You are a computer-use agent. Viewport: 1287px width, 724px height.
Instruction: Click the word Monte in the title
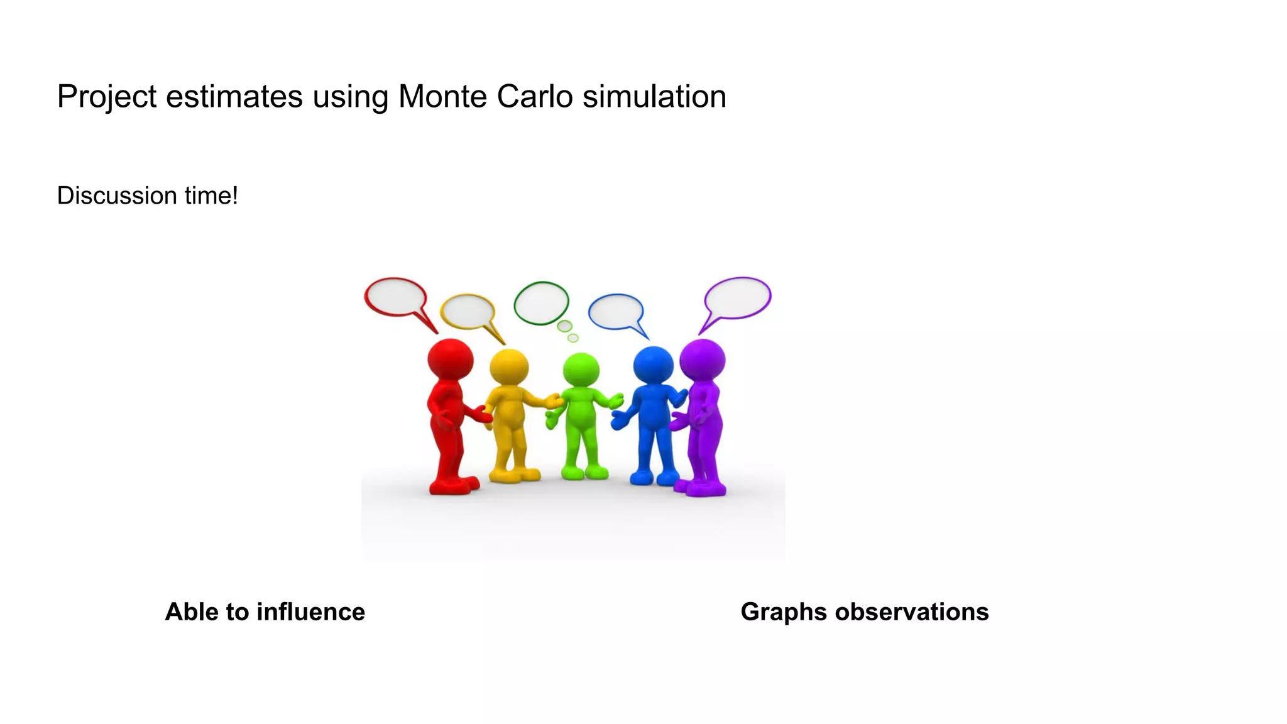click(442, 97)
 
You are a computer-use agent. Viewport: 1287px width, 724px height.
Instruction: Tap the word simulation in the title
click(654, 97)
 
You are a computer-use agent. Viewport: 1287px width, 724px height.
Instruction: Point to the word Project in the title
click(106, 98)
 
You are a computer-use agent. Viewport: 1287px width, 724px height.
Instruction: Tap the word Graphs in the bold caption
click(783, 613)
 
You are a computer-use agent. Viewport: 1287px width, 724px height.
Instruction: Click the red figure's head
click(450, 359)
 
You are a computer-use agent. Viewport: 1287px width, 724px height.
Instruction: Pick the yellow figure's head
click(508, 367)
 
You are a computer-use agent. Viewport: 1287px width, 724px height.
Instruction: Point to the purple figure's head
click(703, 359)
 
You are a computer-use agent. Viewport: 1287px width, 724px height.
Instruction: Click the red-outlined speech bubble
click(396, 297)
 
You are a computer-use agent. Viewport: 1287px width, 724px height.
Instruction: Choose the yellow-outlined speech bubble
click(468, 312)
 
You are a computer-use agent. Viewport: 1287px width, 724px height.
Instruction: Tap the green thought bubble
click(541, 303)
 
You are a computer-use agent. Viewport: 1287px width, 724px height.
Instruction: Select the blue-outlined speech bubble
click(616, 312)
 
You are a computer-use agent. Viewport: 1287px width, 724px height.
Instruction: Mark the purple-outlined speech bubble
click(738, 298)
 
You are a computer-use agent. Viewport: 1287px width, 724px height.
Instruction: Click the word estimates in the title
click(234, 97)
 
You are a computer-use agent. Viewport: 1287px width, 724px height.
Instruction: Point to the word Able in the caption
click(191, 612)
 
